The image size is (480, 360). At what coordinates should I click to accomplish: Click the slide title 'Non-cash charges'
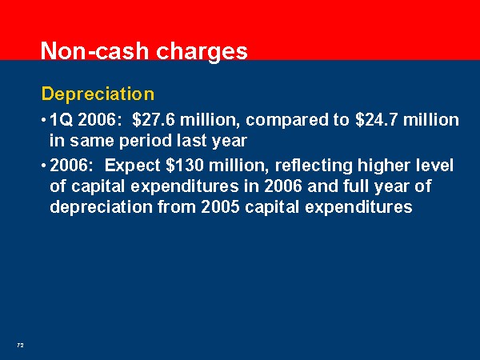(144, 51)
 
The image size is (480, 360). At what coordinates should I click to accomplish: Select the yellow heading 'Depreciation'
(98, 94)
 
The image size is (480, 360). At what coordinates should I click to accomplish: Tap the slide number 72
(20, 346)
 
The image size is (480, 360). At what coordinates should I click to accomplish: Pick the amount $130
(185, 166)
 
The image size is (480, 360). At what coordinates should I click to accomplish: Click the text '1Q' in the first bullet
(62, 120)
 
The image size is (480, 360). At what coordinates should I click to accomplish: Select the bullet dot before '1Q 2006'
(44, 119)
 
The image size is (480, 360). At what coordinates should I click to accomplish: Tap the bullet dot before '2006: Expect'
(44, 166)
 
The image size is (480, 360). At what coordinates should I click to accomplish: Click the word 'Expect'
(132, 166)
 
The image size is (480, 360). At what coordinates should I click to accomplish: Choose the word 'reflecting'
(314, 166)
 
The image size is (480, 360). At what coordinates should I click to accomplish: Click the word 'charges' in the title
(202, 52)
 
